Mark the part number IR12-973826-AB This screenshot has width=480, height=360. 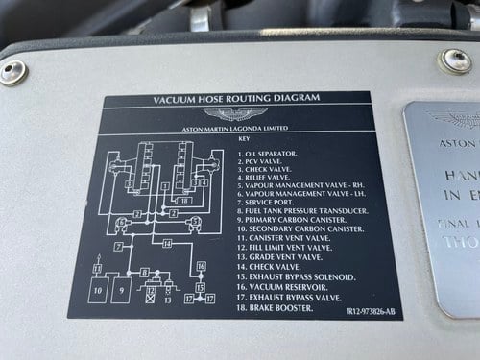click(366, 310)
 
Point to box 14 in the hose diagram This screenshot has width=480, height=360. click(166, 245)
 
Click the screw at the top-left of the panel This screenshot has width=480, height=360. click(14, 72)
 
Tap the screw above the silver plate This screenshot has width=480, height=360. click(455, 61)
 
